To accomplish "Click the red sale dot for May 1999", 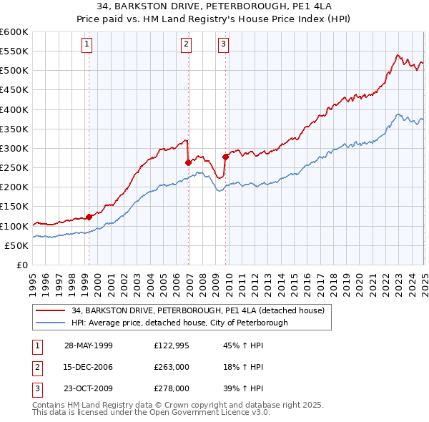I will click(x=89, y=217).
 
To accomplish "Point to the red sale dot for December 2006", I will click(x=188, y=162).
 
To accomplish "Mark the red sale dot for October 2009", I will click(x=225, y=157).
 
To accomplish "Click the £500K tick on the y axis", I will click(x=14, y=71).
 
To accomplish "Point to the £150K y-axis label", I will click(x=14, y=207).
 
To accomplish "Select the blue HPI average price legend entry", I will click(x=179, y=323).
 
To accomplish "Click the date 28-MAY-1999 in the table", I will click(x=89, y=345).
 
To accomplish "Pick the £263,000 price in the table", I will click(x=172, y=368).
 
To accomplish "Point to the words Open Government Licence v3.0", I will click(x=215, y=413).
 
